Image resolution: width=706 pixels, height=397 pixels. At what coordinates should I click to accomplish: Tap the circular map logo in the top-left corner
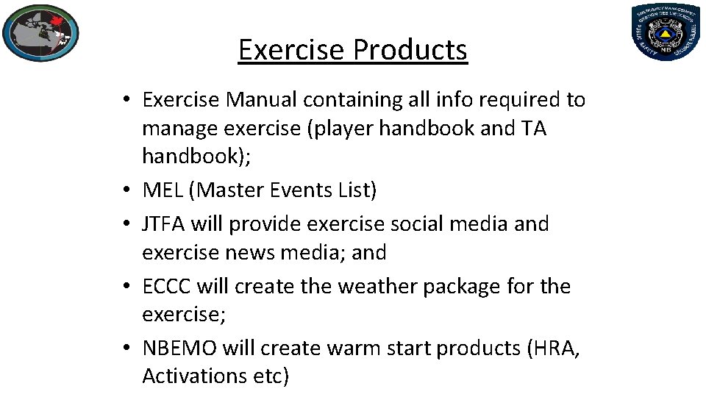pos(40,33)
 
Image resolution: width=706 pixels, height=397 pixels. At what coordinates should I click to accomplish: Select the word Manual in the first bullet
pos(261,99)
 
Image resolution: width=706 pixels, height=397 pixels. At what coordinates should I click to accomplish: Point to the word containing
pos(355,99)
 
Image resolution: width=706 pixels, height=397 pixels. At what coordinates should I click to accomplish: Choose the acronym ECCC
pos(168,286)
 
